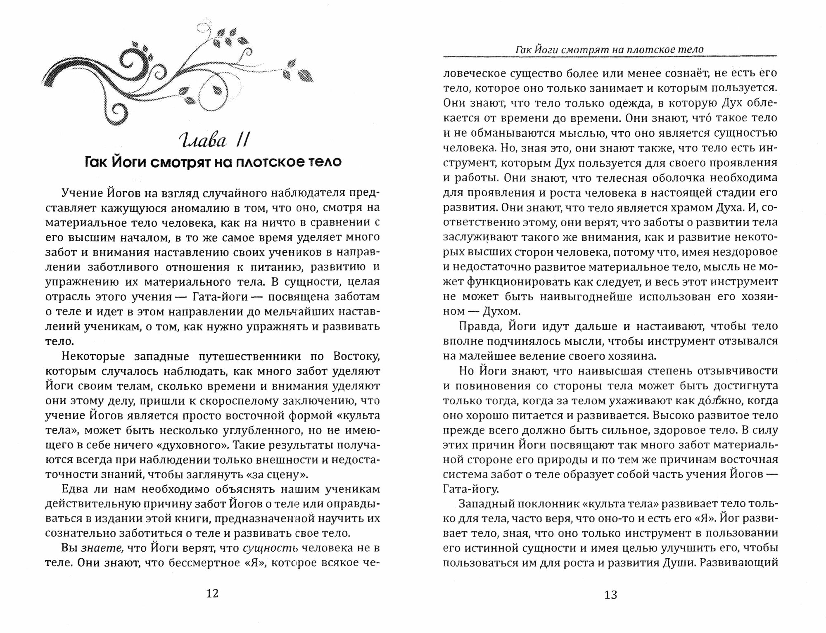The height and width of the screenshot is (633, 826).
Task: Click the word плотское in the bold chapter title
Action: tap(266, 162)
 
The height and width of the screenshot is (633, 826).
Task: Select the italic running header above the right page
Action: tap(610, 50)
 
